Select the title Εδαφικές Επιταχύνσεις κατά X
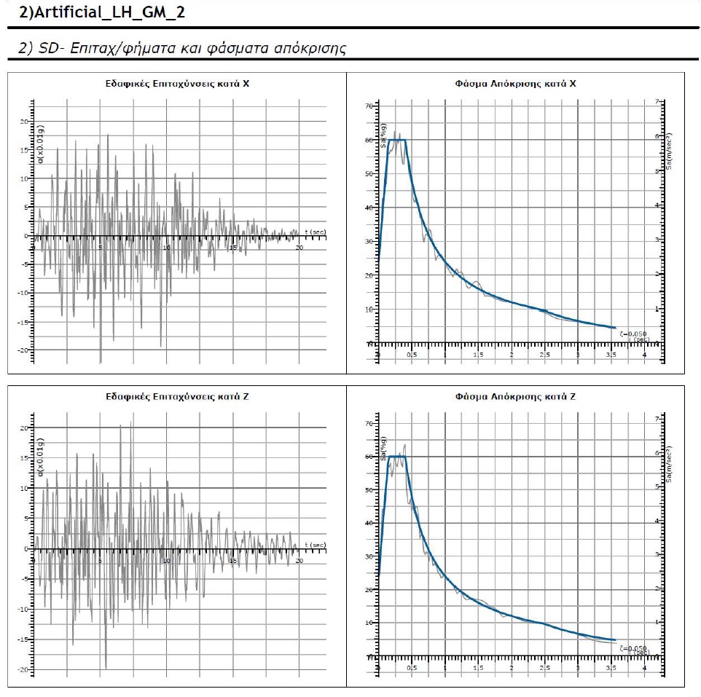coord(178,84)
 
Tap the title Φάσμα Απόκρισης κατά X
coord(515,84)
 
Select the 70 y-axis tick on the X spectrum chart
coord(369,106)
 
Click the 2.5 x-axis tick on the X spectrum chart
coord(544,355)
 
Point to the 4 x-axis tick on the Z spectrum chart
coord(644,668)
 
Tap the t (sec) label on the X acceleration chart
coord(315,231)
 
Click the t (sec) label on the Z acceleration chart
coord(315,545)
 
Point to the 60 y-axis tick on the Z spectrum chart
coord(369,457)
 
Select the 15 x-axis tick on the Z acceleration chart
coord(232,560)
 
